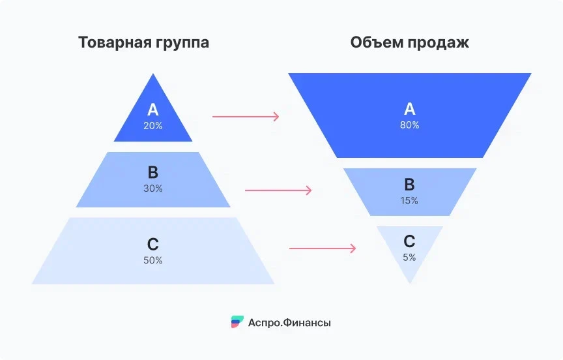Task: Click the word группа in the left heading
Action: (x=186, y=44)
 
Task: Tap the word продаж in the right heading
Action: (x=440, y=44)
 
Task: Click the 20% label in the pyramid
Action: (x=153, y=125)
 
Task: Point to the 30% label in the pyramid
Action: (x=153, y=188)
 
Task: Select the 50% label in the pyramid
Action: (x=153, y=260)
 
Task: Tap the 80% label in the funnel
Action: (x=410, y=124)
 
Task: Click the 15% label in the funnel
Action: (x=410, y=200)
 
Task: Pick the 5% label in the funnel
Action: (x=409, y=257)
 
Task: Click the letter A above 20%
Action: (x=153, y=110)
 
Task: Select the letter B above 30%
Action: (x=153, y=173)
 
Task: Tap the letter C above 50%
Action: (x=153, y=245)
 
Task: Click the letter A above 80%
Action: (x=410, y=108)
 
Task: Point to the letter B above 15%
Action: (x=410, y=185)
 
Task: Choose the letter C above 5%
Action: (x=409, y=241)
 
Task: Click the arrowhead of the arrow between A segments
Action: (x=276, y=117)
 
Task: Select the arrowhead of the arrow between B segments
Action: (x=309, y=190)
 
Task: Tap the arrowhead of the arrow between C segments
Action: (x=353, y=248)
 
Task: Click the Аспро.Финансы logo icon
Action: (x=237, y=322)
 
